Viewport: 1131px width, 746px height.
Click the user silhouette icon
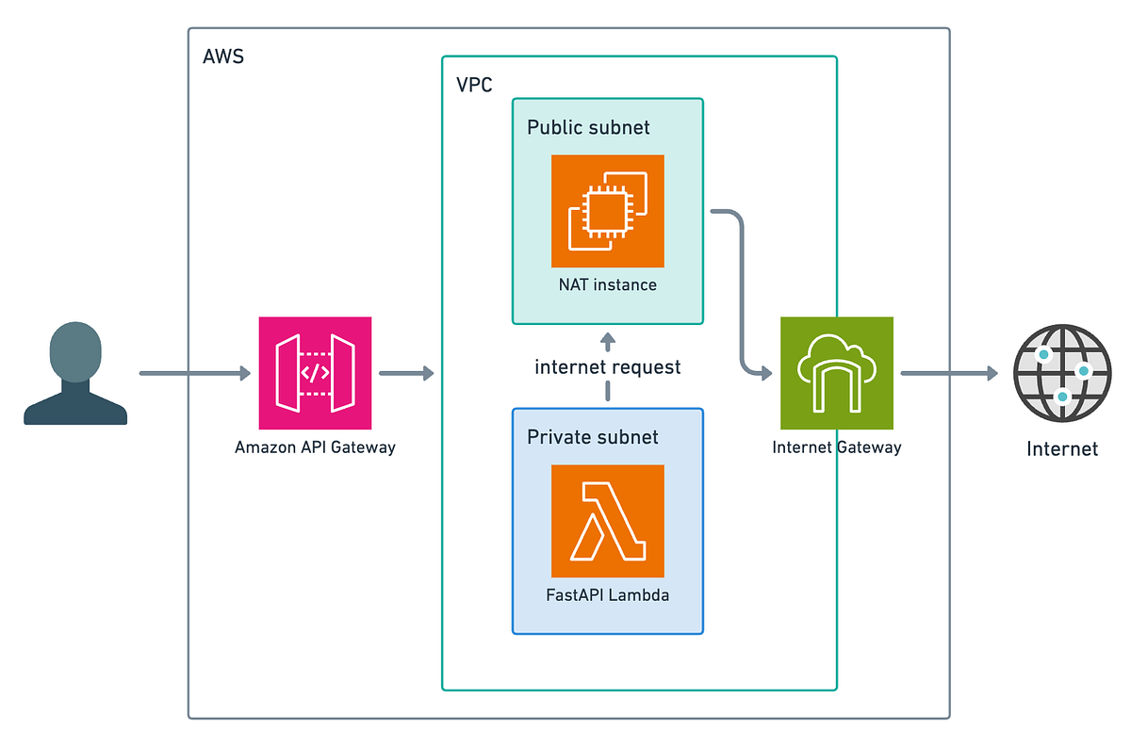click(x=75, y=374)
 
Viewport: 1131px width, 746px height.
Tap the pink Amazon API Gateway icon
click(x=315, y=373)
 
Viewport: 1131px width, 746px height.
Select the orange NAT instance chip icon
click(x=607, y=211)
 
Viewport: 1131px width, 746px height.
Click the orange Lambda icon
click(x=607, y=521)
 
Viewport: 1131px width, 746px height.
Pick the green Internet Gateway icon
click(x=837, y=373)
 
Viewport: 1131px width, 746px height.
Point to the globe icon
click(x=1062, y=373)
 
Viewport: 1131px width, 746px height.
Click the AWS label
click(x=223, y=57)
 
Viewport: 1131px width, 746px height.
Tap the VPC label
click(x=474, y=85)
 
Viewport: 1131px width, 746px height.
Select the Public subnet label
click(x=588, y=127)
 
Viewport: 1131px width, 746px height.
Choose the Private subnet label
click(x=592, y=437)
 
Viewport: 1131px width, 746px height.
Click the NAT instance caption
click(x=607, y=284)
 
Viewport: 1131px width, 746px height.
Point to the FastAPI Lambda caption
click(x=607, y=595)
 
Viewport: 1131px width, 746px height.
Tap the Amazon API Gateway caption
click(x=315, y=447)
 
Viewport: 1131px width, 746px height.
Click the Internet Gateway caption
click(x=837, y=447)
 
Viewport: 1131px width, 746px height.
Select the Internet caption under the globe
click(x=1062, y=449)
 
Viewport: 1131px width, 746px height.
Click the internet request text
click(x=607, y=367)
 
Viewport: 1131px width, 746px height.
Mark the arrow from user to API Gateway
click(x=195, y=373)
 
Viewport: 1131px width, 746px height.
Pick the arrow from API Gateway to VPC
click(x=406, y=373)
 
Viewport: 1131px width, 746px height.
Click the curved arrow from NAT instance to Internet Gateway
click(x=742, y=293)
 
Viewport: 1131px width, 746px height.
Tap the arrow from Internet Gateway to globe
click(x=949, y=373)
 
